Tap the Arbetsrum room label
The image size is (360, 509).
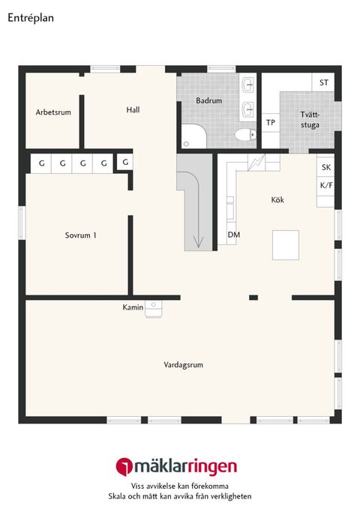53,112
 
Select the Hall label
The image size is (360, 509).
133,109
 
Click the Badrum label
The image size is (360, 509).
208,100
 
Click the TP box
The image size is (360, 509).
270,123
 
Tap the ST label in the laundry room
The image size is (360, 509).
324,82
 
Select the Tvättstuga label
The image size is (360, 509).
310,120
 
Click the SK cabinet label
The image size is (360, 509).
326,167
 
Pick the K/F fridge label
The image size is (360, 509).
326,184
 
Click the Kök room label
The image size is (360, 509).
278,200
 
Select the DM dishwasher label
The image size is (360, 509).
234,235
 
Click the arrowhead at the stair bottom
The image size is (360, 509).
199,241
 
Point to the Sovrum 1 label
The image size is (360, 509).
80,235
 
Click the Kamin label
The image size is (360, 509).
133,307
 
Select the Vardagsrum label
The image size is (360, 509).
184,365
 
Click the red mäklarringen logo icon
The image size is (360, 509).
123,466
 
